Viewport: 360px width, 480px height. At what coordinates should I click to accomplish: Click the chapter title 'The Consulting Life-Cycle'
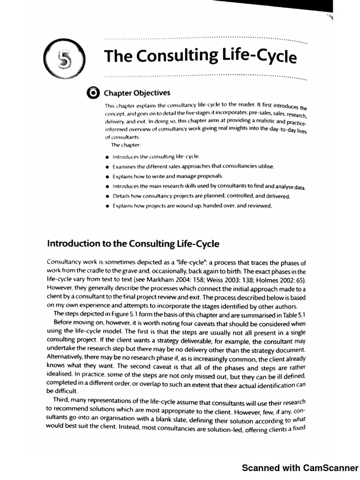click(x=201, y=56)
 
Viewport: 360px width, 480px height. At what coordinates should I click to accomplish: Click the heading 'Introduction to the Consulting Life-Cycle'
click(x=133, y=244)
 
